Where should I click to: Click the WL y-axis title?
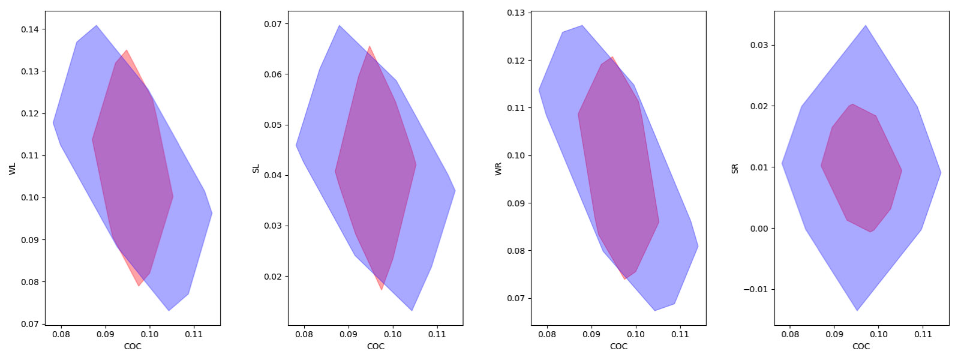coord(13,169)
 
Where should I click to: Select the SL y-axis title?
coord(256,169)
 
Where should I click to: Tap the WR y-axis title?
coord(498,169)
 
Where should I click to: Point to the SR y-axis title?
coord(735,169)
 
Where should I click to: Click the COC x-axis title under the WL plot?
coord(133,346)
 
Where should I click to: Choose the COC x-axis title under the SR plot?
coord(861,346)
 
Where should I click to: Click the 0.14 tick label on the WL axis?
coord(29,29)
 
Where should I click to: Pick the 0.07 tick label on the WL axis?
coord(29,324)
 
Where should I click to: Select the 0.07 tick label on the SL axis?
coord(273,24)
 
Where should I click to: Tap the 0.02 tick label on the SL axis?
coord(273,277)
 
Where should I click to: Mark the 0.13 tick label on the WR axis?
coord(516,13)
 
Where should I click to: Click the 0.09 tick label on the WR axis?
coord(516,203)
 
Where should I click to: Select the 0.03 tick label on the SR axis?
coord(759,45)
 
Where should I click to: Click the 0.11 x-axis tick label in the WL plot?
coord(194,334)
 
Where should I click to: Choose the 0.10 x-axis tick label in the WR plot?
coord(636,334)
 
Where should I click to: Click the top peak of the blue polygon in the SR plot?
coord(865,26)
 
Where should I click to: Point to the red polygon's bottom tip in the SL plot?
coord(382,290)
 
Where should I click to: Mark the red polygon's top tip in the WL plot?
coord(126,50)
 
